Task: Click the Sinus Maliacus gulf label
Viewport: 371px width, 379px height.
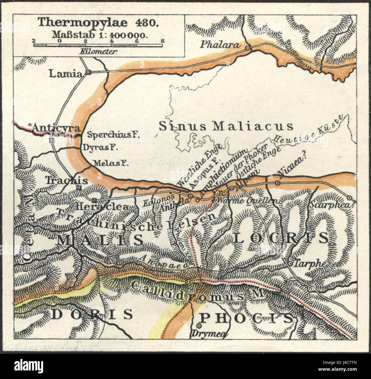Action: tap(226, 126)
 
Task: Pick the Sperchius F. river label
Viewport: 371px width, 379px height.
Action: tap(113, 135)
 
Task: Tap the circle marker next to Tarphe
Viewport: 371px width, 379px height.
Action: tap(290, 264)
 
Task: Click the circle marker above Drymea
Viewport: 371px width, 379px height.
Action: tap(199, 326)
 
